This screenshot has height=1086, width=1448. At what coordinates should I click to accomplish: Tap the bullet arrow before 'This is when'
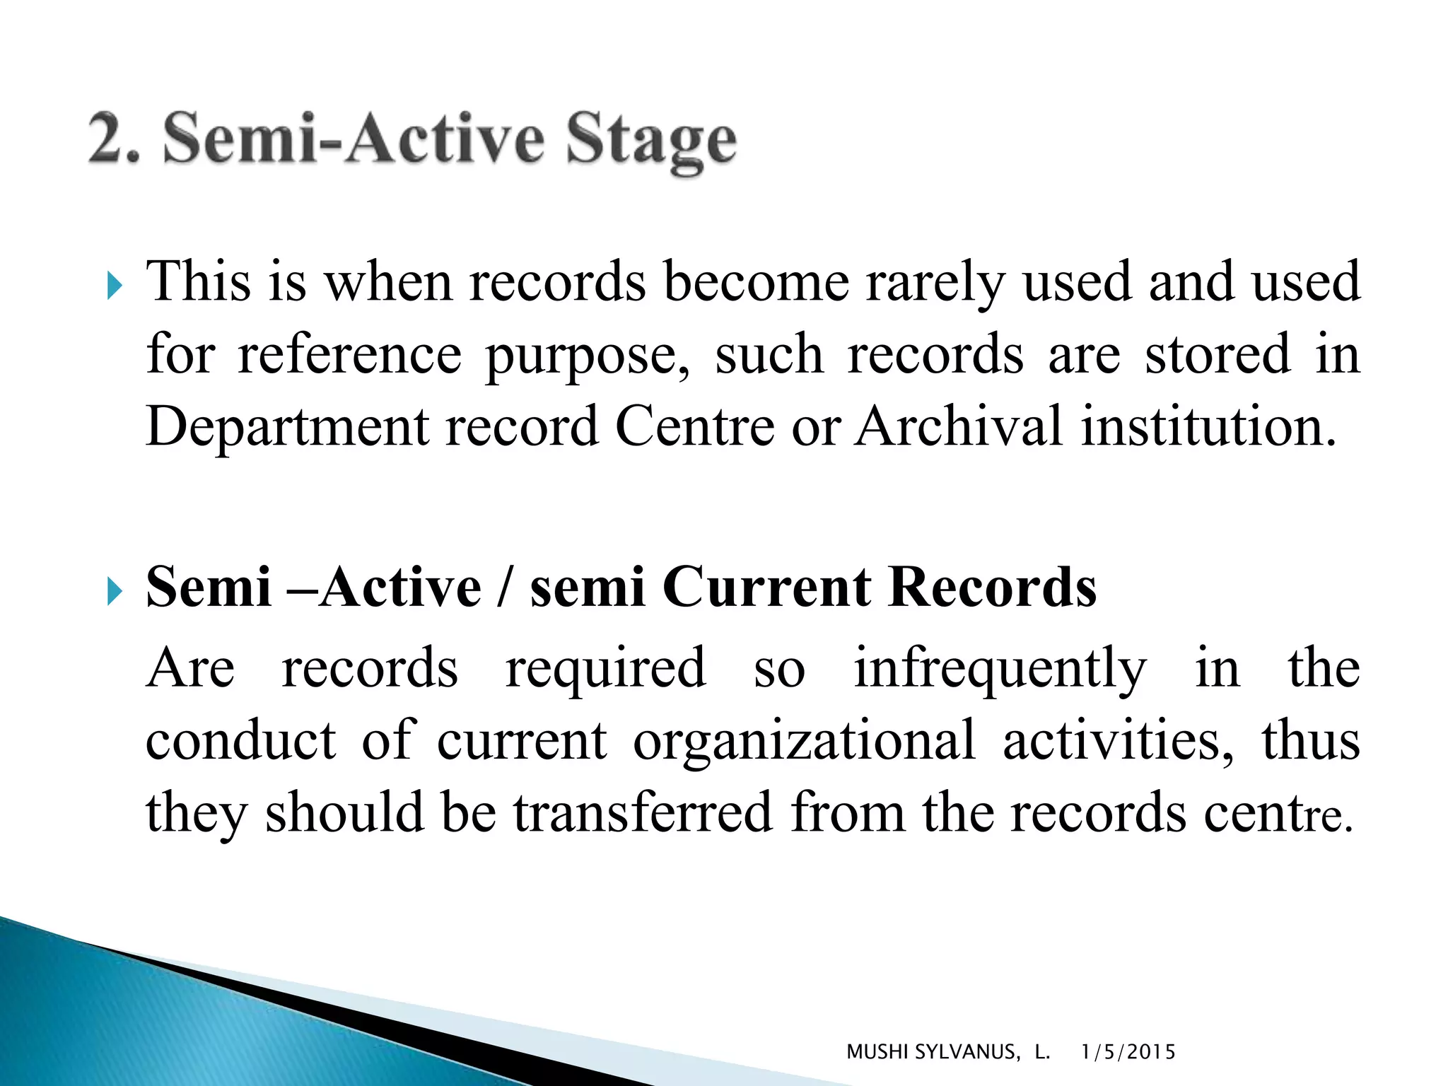[x=115, y=286]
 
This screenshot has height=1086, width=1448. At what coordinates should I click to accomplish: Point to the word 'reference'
[x=349, y=355]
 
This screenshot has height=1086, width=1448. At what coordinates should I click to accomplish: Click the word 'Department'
[x=287, y=427]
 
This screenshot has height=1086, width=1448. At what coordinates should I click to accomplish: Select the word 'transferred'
[x=642, y=813]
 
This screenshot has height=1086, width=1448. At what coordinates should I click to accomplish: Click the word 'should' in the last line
[x=344, y=813]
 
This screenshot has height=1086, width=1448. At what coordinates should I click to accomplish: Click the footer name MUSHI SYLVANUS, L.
[x=947, y=1052]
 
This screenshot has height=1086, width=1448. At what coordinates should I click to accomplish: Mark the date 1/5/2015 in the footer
[x=1128, y=1052]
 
